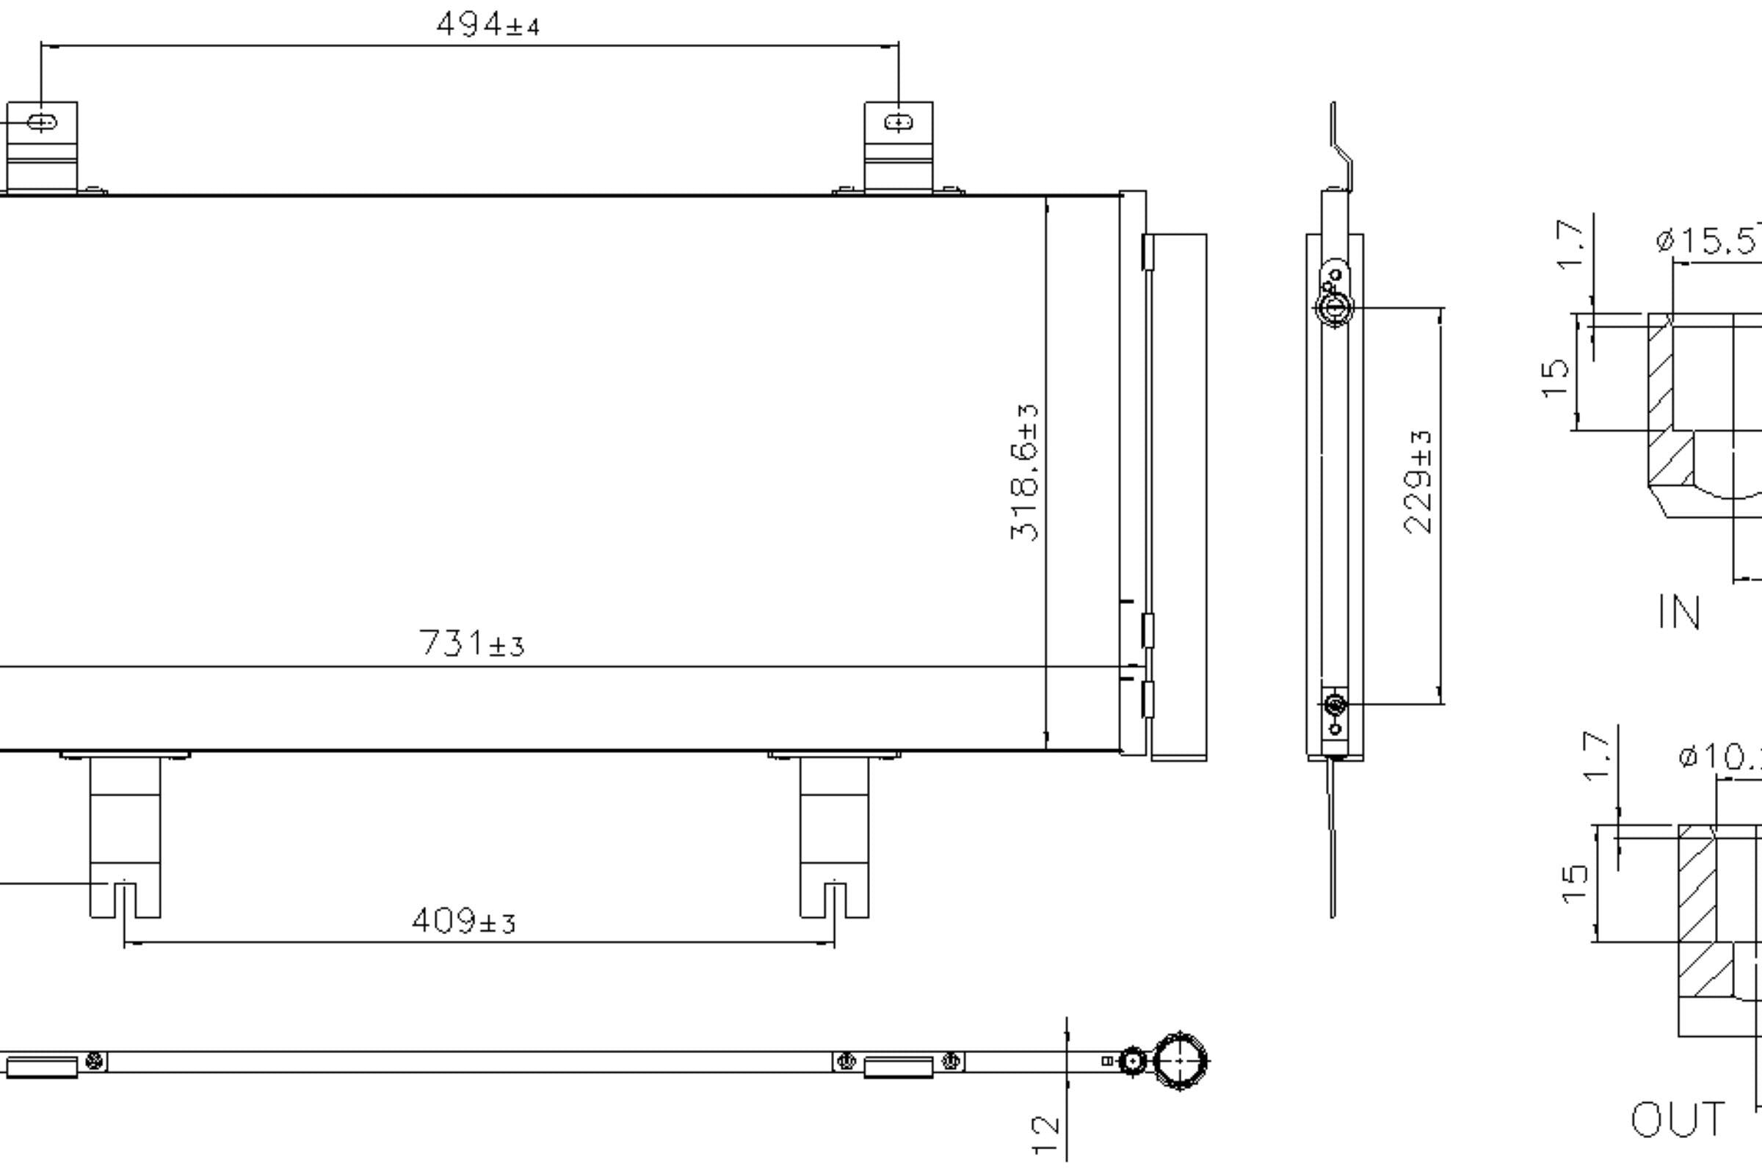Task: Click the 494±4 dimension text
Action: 487,25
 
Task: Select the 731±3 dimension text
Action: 471,643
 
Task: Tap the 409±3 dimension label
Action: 464,921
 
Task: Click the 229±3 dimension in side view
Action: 1418,481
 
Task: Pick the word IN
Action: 1680,613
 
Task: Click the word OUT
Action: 1678,1120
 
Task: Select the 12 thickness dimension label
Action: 1045,1135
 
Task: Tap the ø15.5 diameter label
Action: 1708,241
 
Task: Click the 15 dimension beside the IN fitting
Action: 1555,378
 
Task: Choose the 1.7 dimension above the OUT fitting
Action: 1595,756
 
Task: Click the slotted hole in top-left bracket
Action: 42,122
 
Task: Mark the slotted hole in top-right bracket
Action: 898,122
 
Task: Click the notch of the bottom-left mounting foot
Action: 125,898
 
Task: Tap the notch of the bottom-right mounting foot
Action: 835,898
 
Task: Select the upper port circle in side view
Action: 1334,307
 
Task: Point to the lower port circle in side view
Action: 1335,704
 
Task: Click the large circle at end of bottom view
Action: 1180,1061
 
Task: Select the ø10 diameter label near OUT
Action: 1720,756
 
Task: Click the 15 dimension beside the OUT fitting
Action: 1575,884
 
